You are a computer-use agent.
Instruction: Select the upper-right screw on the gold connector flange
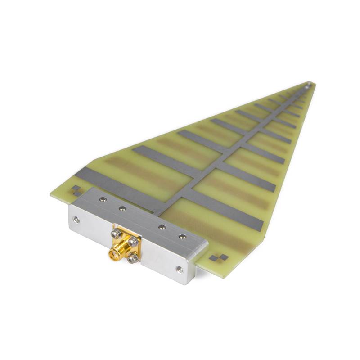click(x=133, y=242)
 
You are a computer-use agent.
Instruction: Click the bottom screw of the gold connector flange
click(x=132, y=258)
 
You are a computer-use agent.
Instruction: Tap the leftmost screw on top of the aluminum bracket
click(x=103, y=198)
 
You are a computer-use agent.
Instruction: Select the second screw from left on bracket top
click(x=122, y=208)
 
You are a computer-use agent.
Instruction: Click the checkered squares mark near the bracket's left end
click(x=76, y=190)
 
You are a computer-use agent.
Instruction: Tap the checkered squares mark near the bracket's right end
click(x=219, y=258)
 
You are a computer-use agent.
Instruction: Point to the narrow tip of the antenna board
click(x=310, y=84)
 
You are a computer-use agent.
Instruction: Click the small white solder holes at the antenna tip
click(x=307, y=85)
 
